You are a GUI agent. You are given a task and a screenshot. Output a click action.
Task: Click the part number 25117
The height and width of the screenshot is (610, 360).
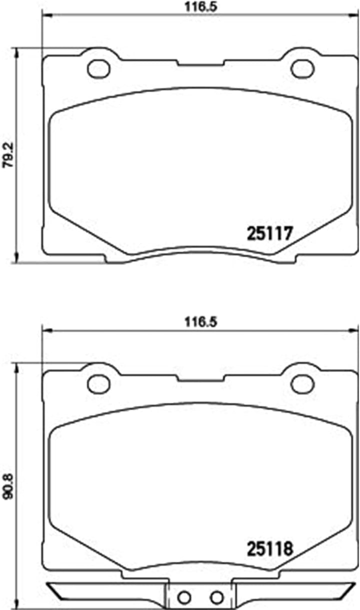tap(269, 234)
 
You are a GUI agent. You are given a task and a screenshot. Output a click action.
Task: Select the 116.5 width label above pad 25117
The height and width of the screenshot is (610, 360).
tap(201, 7)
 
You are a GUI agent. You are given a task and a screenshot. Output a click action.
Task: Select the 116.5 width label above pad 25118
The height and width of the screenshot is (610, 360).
tap(201, 322)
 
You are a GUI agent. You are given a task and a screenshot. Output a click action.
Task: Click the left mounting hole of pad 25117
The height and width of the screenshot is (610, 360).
tap(99, 69)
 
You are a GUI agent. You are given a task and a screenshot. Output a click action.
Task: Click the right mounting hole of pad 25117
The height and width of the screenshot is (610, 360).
tap(302, 69)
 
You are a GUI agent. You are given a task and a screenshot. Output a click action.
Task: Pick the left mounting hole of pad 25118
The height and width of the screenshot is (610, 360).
tap(99, 384)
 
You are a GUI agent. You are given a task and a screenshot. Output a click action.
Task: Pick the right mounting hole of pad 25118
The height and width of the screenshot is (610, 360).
tap(302, 384)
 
